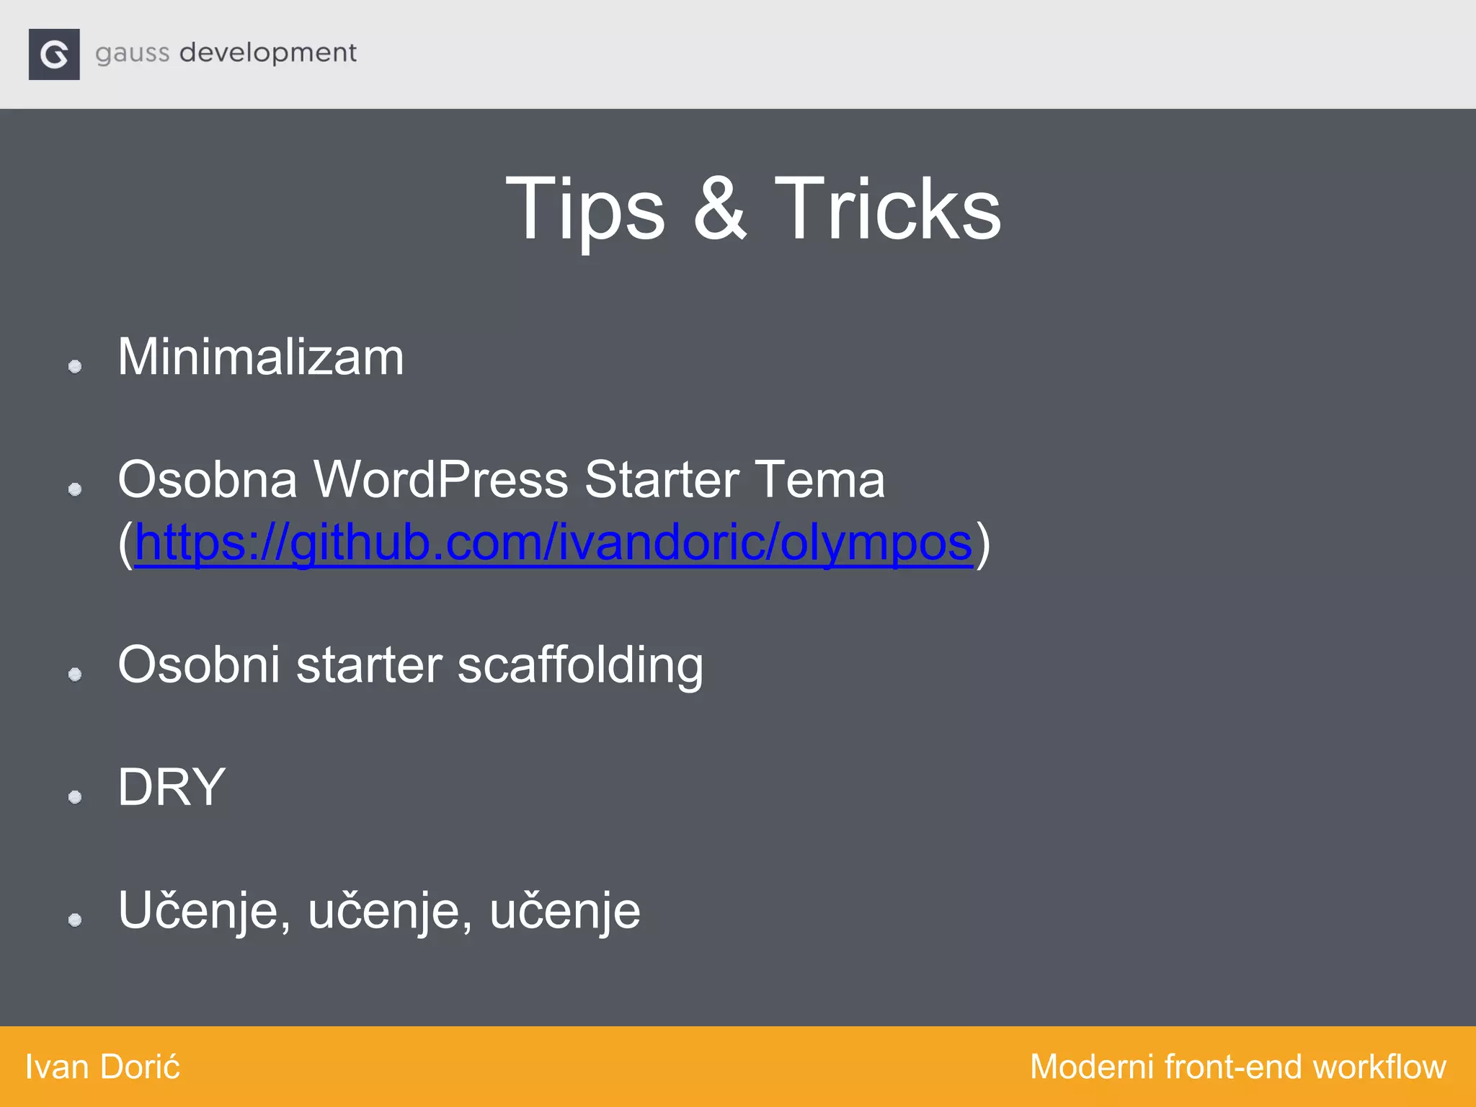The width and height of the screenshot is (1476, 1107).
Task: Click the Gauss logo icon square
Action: point(54,54)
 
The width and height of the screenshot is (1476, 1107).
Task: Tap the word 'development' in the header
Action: point(267,53)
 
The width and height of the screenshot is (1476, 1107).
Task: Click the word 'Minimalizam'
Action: point(261,357)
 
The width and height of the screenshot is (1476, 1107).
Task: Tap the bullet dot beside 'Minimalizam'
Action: point(75,367)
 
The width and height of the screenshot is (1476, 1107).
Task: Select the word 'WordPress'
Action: point(440,479)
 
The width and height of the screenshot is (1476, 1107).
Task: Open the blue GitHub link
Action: point(553,542)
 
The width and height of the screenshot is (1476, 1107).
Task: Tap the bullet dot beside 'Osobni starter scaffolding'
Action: point(75,675)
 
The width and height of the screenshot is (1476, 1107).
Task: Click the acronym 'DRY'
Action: point(172,787)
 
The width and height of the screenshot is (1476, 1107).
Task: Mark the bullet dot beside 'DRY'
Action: point(75,797)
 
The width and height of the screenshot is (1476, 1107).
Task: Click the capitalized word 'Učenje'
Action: point(204,911)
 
